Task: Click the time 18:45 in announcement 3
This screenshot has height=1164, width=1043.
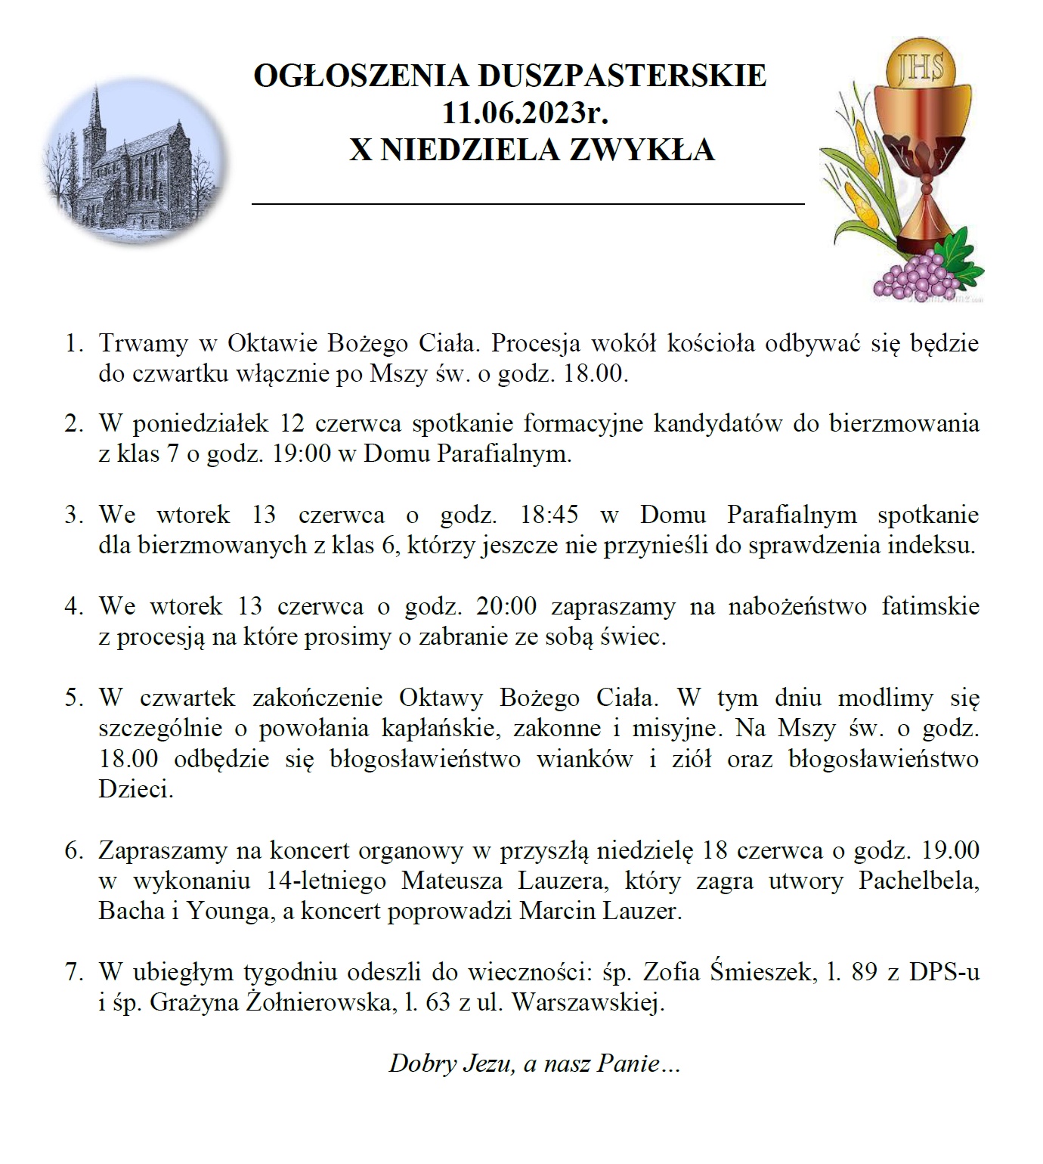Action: coord(549,515)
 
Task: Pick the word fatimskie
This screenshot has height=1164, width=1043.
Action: coord(930,607)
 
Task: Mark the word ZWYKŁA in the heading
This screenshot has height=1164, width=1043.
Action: coord(641,150)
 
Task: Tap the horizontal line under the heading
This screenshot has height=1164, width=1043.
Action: coord(528,203)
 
